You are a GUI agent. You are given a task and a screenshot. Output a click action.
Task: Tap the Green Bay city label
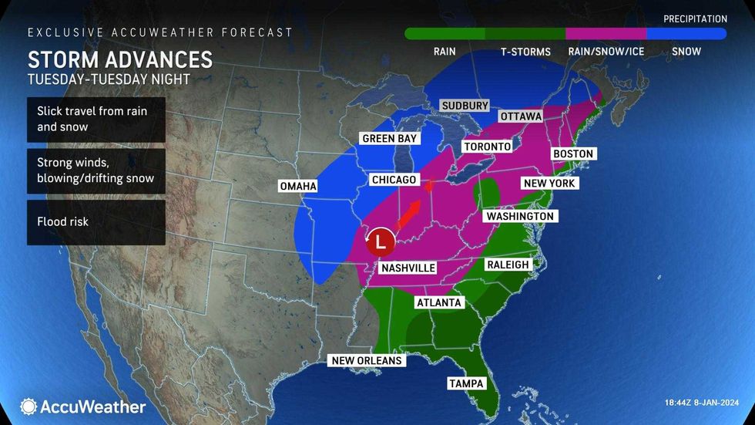(x=390, y=140)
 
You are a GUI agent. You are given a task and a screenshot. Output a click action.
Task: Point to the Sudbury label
(x=465, y=106)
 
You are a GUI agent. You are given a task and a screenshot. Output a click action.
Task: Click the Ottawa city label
(x=521, y=116)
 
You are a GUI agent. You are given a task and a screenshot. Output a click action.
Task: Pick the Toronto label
(x=487, y=147)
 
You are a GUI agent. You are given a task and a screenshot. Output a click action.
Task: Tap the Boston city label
(x=573, y=153)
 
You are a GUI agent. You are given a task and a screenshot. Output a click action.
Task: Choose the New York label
(x=550, y=184)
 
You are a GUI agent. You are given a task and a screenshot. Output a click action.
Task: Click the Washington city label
(x=519, y=217)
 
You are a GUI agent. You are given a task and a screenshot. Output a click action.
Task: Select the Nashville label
(x=408, y=268)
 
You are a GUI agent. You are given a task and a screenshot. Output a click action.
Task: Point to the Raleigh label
(x=508, y=265)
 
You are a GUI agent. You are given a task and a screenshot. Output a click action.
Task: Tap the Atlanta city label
(x=438, y=302)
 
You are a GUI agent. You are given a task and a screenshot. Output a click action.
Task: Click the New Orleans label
(x=367, y=360)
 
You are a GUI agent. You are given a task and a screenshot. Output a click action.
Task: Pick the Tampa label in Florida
(x=466, y=383)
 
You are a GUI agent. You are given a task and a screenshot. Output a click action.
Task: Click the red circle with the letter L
(x=379, y=241)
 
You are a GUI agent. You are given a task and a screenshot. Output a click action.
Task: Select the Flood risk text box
(x=96, y=222)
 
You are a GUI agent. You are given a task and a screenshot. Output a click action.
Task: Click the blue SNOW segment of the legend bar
(x=686, y=34)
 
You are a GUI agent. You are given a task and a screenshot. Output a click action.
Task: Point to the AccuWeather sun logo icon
(x=29, y=406)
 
